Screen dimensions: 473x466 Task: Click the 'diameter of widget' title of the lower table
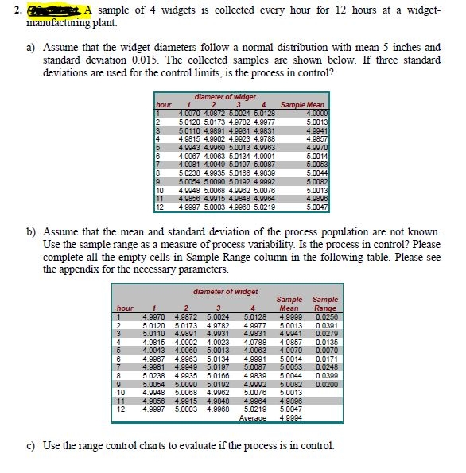point(224,292)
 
